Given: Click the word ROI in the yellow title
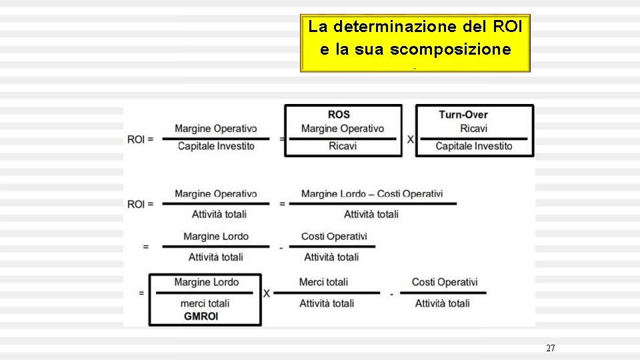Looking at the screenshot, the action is [509, 27].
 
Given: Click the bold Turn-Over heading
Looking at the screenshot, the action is [463, 115].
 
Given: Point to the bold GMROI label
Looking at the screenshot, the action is [201, 316].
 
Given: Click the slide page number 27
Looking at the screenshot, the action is [550, 348].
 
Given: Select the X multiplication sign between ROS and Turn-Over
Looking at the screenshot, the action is [410, 139].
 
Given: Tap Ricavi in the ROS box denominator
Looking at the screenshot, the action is [343, 146].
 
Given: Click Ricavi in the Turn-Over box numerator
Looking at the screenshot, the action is [473, 128].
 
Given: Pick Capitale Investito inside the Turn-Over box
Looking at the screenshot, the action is [474, 146].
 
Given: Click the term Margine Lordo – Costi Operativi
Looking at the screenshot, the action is [371, 194].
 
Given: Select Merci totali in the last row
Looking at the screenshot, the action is [323, 283].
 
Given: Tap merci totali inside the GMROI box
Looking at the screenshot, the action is [205, 303].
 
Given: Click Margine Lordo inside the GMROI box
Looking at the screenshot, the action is [206, 283].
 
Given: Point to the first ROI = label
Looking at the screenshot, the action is [141, 139].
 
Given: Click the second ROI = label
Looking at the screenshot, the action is [141, 204].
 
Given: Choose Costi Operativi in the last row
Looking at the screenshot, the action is [445, 283].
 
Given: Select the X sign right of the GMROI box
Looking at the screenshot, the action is [266, 293].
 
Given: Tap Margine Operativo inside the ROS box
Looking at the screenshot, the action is [343, 128].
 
